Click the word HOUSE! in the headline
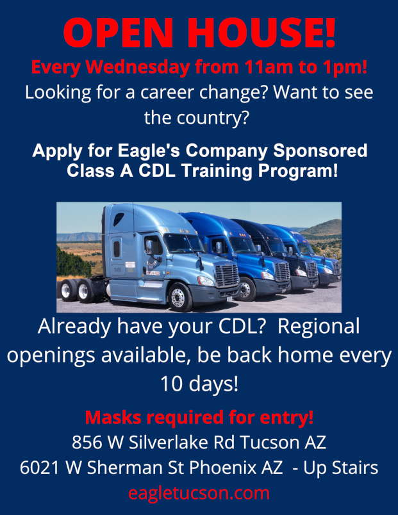[x=261, y=33]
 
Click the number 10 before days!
[x=170, y=384]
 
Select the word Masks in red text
[x=113, y=417]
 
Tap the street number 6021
[x=40, y=468]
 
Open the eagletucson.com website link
[x=199, y=493]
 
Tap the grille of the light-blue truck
[x=226, y=275]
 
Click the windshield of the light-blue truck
[x=183, y=243]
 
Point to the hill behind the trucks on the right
[x=322, y=227]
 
